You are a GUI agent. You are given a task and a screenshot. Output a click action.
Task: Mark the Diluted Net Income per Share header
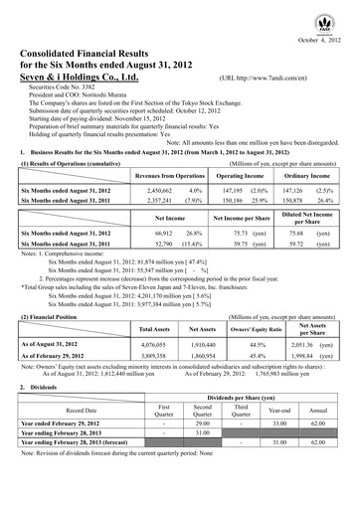click(x=312, y=217)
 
